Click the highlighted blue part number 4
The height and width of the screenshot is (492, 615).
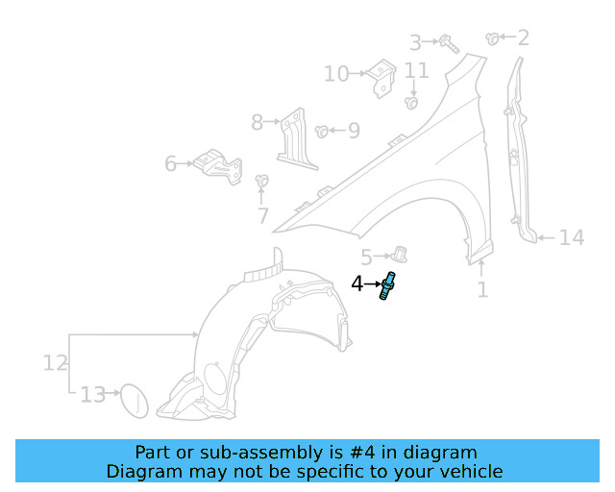388,286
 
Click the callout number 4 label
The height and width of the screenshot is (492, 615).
357,284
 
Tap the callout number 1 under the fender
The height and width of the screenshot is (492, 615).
482,288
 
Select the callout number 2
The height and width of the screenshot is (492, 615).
523,38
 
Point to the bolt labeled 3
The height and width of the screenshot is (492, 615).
448,42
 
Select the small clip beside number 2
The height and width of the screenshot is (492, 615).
493,38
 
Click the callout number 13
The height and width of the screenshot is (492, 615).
92,395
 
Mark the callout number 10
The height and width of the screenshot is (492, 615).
335,74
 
